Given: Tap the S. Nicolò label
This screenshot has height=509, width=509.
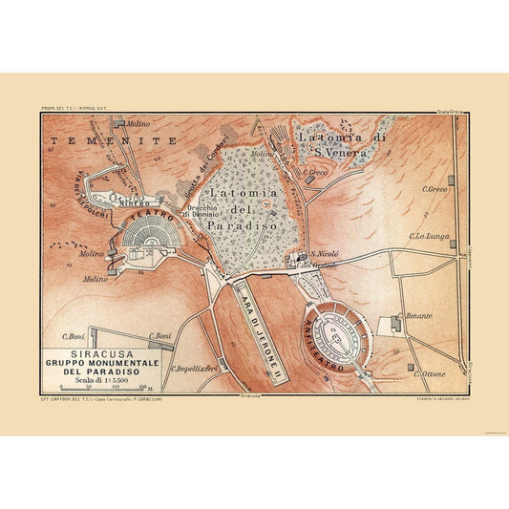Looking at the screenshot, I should pyautogui.click(x=326, y=255).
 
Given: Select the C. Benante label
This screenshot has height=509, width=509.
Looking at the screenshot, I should pyautogui.click(x=418, y=315).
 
